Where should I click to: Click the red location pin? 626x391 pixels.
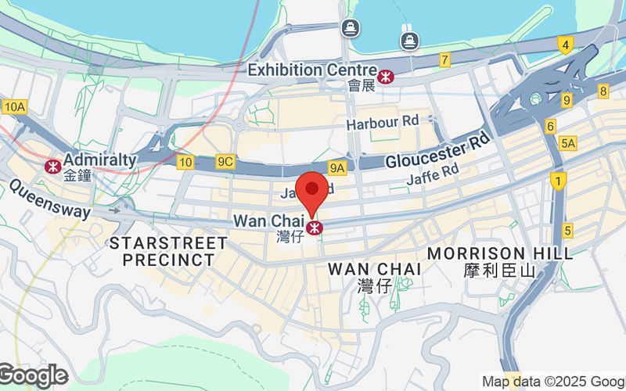click(314, 190)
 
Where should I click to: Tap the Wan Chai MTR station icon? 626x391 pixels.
click(315, 228)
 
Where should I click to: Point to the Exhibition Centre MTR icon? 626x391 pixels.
click(385, 76)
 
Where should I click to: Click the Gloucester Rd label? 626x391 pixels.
click(437, 152)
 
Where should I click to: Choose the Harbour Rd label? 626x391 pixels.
click(383, 121)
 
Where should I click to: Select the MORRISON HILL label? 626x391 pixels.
click(499, 253)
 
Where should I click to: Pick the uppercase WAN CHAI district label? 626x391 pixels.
click(375, 268)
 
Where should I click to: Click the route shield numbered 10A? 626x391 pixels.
click(14, 106)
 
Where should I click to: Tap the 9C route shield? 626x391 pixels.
click(225, 162)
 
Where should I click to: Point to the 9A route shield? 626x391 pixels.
click(337, 167)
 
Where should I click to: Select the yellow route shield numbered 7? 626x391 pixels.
click(444, 59)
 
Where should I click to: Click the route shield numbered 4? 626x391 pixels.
click(565, 45)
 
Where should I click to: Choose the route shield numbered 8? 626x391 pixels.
click(603, 91)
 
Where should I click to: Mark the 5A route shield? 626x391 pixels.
click(568, 143)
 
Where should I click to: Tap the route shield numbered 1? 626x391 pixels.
click(557, 181)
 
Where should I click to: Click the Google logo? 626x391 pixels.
click(33, 376)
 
